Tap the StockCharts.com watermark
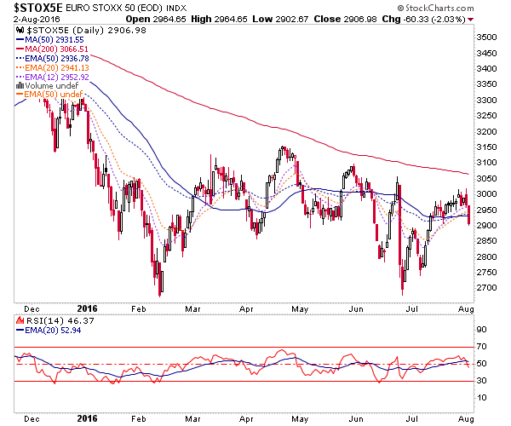(x=435, y=8)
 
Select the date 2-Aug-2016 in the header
(x=37, y=19)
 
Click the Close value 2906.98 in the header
(x=360, y=19)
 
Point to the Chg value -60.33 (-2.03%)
(x=434, y=19)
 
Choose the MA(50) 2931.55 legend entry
(x=50, y=40)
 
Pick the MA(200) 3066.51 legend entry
(x=52, y=49)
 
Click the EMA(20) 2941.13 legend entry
(x=53, y=68)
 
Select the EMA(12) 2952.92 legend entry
(x=53, y=78)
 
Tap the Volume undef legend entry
(x=48, y=86)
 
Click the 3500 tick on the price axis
(x=486, y=37)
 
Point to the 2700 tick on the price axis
(x=486, y=288)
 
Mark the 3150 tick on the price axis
(x=486, y=147)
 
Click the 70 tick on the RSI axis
(x=481, y=347)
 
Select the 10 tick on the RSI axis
(x=481, y=397)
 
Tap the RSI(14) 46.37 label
(x=55, y=321)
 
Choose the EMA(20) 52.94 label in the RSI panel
(x=49, y=331)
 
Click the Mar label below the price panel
(x=192, y=309)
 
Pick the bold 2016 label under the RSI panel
(x=88, y=418)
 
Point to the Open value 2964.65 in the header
(x=169, y=19)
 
